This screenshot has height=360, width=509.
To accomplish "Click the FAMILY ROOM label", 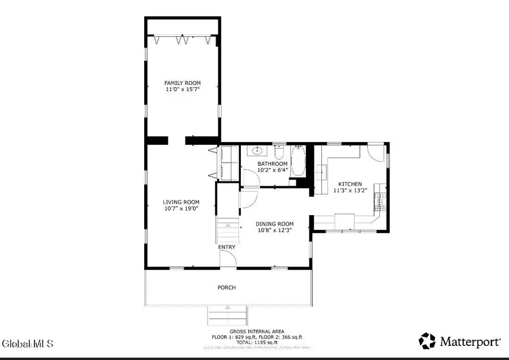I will (182, 83).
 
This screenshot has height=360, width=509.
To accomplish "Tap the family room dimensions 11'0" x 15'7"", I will (182, 89).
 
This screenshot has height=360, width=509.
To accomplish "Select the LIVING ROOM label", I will (181, 202).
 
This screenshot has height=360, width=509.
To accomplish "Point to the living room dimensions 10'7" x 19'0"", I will (181, 208).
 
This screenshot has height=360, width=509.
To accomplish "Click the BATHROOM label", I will (273, 164).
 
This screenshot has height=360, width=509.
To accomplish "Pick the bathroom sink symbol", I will (258, 151).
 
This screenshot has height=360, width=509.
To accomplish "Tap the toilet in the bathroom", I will (279, 153).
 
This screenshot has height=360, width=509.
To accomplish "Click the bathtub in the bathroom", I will (298, 161).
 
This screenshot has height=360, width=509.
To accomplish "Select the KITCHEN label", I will (350, 184).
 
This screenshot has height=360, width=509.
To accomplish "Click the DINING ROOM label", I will (274, 224).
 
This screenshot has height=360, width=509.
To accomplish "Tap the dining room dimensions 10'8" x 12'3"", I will (274, 230).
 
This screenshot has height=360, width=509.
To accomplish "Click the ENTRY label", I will (227, 247).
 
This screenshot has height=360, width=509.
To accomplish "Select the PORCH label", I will (226, 288).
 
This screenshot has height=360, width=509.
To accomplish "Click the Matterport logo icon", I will (427, 341).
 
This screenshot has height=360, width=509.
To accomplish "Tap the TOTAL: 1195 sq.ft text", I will (257, 342).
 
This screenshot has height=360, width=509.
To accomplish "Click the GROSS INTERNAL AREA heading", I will (257, 331).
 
